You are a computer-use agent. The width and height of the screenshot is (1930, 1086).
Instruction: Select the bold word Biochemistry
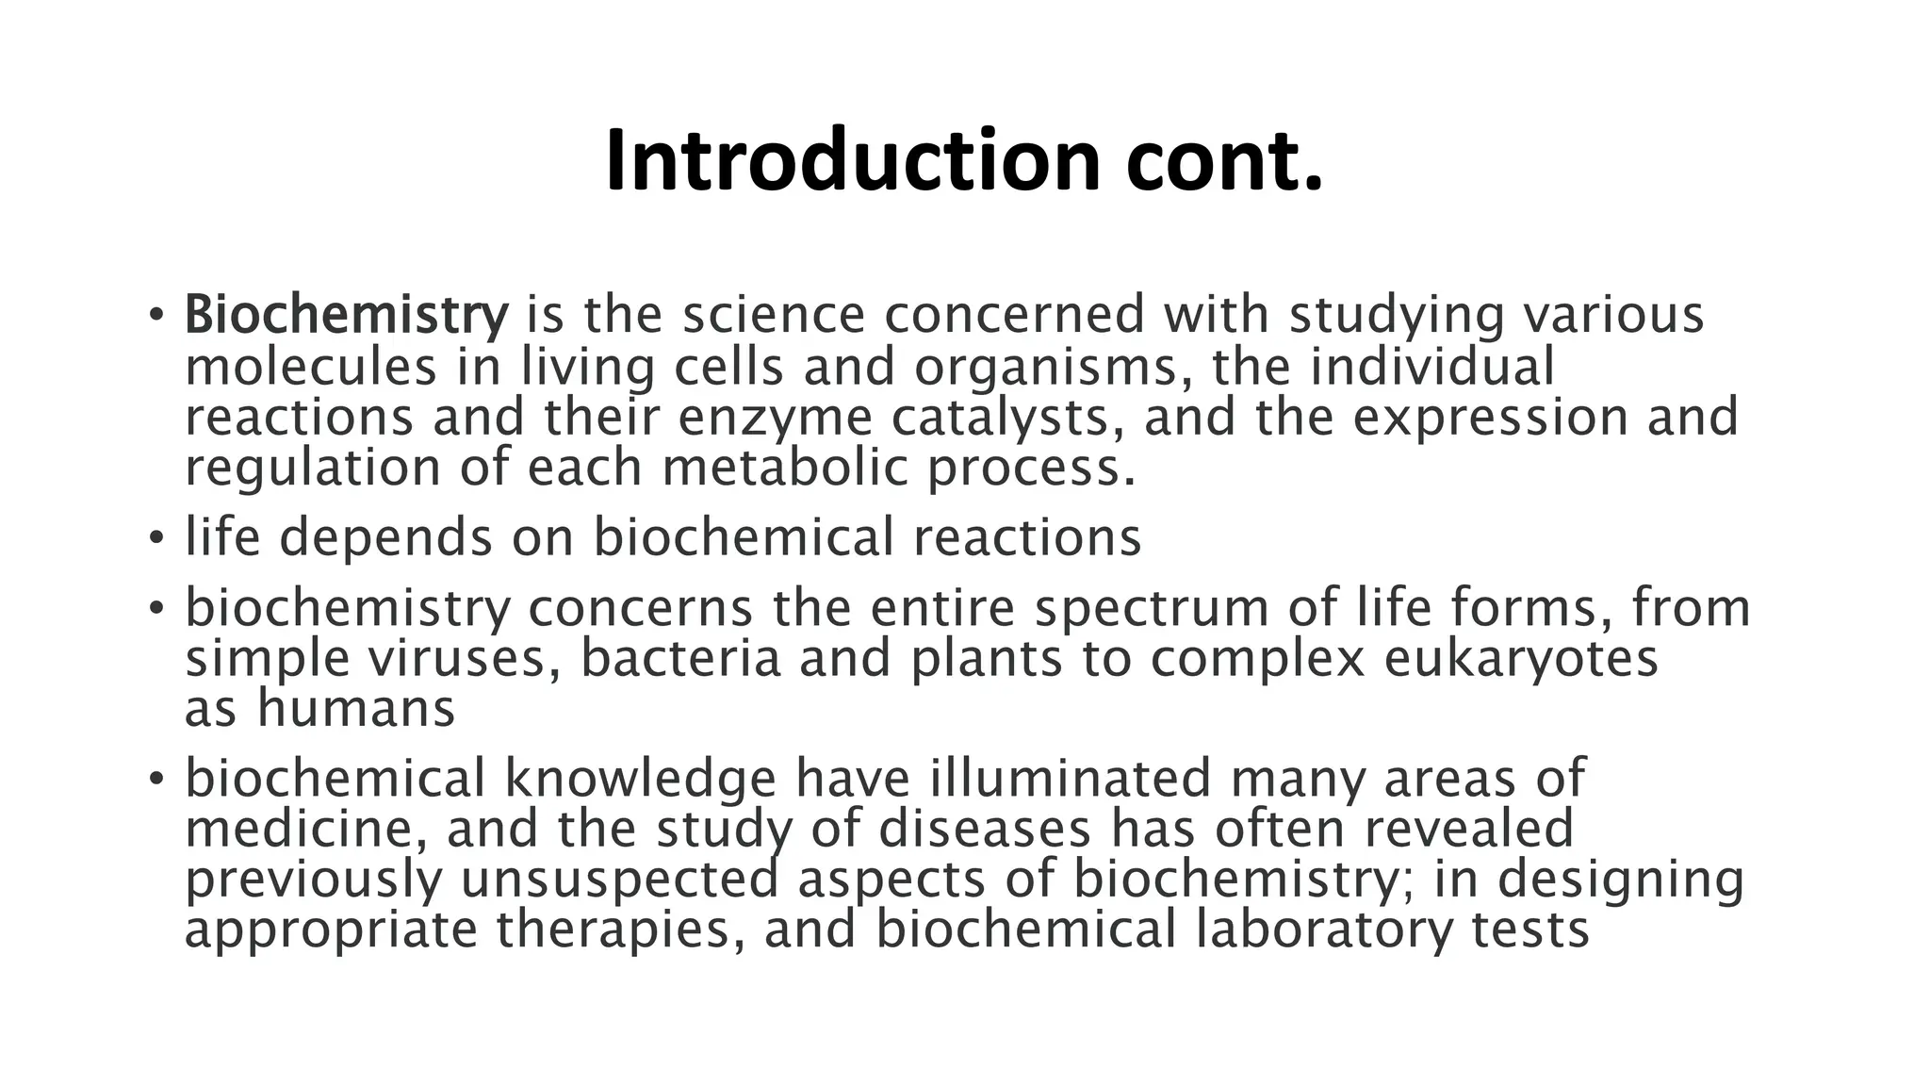click(346, 315)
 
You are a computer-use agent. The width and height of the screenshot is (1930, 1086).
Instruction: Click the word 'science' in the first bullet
click(773, 315)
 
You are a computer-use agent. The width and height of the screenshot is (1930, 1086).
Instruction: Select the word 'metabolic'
click(785, 468)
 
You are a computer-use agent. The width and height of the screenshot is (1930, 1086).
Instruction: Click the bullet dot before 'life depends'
click(156, 539)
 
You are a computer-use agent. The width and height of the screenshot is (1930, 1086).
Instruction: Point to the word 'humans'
click(356, 709)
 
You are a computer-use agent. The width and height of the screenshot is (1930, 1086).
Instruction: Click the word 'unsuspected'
click(620, 880)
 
